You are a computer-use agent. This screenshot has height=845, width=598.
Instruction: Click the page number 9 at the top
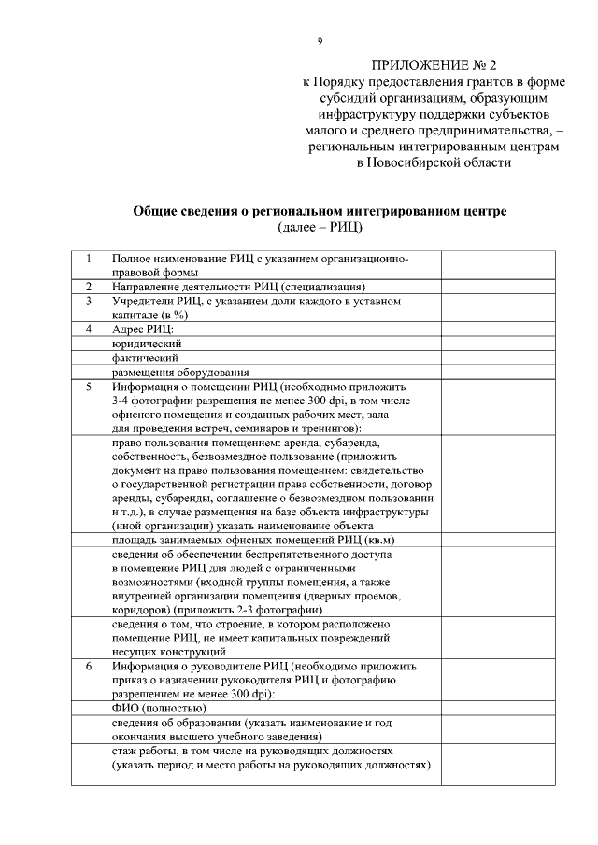320,41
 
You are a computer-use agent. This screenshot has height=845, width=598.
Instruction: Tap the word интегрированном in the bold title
415,211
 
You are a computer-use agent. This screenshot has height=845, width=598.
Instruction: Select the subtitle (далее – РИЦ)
320,227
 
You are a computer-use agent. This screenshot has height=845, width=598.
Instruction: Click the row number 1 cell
89,258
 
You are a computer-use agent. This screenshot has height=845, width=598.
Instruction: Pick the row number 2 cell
89,287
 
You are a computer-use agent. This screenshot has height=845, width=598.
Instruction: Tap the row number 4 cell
89,330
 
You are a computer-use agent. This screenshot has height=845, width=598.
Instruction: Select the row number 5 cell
89,386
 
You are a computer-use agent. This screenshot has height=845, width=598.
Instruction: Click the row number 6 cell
89,667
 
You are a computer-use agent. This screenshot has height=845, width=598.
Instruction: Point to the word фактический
145,358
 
